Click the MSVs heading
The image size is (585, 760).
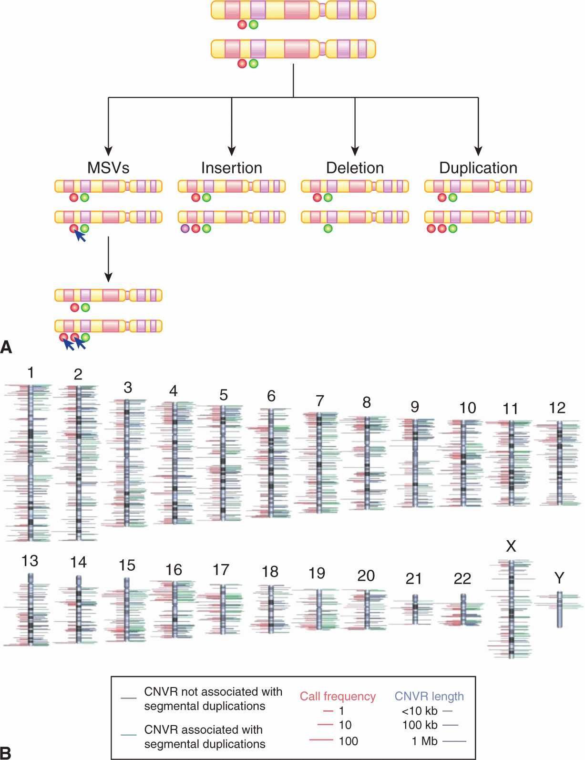pyautogui.click(x=108, y=168)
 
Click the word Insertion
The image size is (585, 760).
pyautogui.click(x=232, y=168)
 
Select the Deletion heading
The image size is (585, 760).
pyautogui.click(x=355, y=168)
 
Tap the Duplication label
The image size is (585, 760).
pyautogui.click(x=478, y=168)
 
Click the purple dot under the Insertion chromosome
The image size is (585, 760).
pyautogui.click(x=185, y=228)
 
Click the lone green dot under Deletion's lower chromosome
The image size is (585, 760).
pyautogui.click(x=328, y=228)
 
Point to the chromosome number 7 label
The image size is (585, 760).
pyautogui.click(x=320, y=401)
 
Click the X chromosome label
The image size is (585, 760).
pyautogui.click(x=511, y=546)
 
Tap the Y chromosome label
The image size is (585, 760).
pyautogui.click(x=559, y=578)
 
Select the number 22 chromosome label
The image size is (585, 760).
pyautogui.click(x=462, y=578)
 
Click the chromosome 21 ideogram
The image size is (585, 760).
pyautogui.click(x=415, y=609)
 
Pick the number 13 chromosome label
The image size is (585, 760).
pyautogui.click(x=30, y=561)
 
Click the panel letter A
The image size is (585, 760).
pyautogui.click(x=6, y=347)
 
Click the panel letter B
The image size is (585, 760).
pyautogui.click(x=6, y=752)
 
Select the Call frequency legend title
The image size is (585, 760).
pyautogui.click(x=338, y=696)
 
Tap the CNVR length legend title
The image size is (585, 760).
pyautogui.click(x=429, y=696)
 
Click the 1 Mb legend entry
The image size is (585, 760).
pyautogui.click(x=424, y=741)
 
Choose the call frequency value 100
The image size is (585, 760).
pyautogui.click(x=348, y=741)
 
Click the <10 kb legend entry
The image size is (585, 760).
pyautogui.click(x=420, y=711)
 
